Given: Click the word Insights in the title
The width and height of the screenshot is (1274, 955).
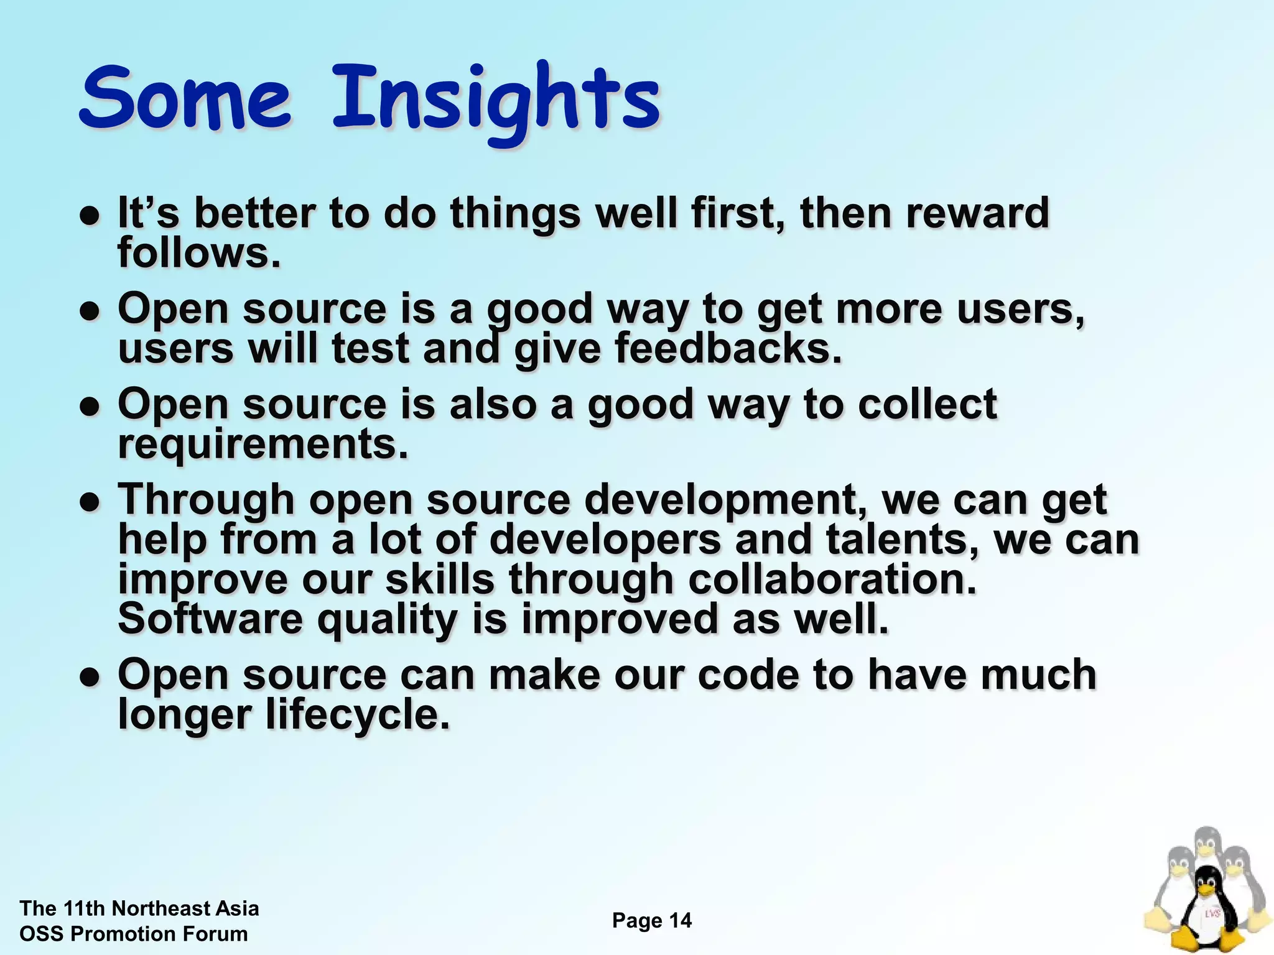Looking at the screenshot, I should [x=496, y=99].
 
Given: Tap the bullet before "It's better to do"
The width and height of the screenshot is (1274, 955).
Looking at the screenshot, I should [x=91, y=216].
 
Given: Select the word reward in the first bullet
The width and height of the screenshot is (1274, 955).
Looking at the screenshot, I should [x=977, y=213].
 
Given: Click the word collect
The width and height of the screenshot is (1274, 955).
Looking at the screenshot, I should [x=928, y=404].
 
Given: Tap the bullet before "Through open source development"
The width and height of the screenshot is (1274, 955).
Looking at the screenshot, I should [x=91, y=502].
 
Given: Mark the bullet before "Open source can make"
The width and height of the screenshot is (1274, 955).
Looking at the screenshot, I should [x=91, y=677].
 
